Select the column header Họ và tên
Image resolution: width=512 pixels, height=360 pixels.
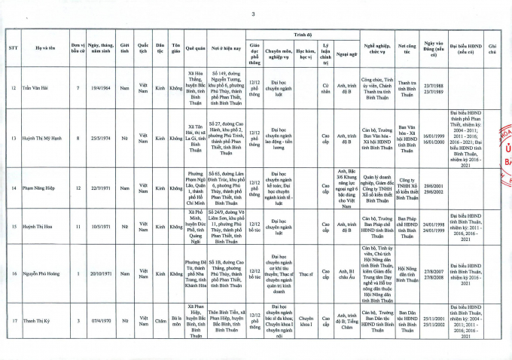44,49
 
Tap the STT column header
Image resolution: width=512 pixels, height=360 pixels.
12,49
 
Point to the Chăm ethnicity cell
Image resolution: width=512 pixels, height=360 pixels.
159,320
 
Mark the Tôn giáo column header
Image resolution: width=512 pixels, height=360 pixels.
175,49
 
